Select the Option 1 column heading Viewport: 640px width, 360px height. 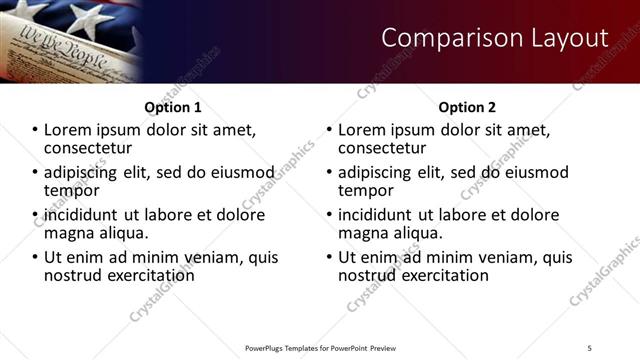(x=173, y=107)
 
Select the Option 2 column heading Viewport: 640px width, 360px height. (x=467, y=107)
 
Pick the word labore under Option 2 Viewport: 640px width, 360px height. (x=479, y=215)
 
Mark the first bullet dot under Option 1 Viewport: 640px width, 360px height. (x=36, y=130)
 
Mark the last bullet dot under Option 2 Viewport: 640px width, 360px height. (x=330, y=257)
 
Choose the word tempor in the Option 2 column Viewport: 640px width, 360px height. (x=362, y=190)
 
